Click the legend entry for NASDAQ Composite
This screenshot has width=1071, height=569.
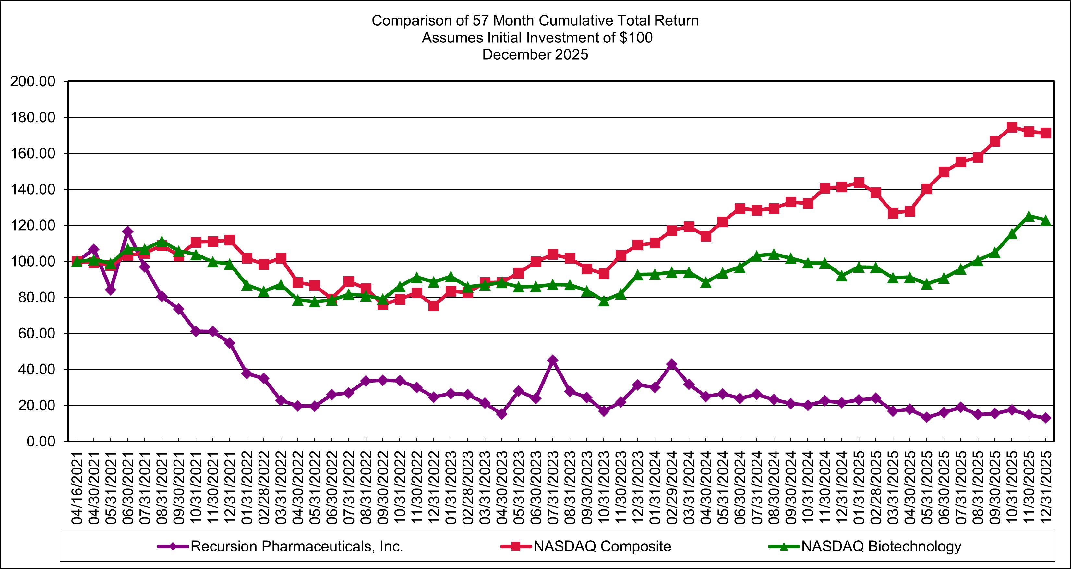click(x=602, y=546)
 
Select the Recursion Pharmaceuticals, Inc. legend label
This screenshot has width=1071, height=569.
click(x=297, y=546)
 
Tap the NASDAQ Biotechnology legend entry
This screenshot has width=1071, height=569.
click(x=881, y=546)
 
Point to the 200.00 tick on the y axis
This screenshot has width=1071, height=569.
click(x=33, y=81)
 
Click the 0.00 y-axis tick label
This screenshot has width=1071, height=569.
click(x=41, y=441)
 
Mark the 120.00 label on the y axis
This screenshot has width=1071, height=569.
click(x=33, y=226)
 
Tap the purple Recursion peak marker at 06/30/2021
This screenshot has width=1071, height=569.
click(x=128, y=231)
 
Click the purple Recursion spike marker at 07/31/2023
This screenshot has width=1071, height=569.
click(x=553, y=360)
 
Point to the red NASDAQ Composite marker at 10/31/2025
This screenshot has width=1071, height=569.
click(x=1012, y=127)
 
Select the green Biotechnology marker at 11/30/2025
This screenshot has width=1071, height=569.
click(x=1029, y=216)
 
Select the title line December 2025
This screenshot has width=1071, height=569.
click(x=535, y=54)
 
